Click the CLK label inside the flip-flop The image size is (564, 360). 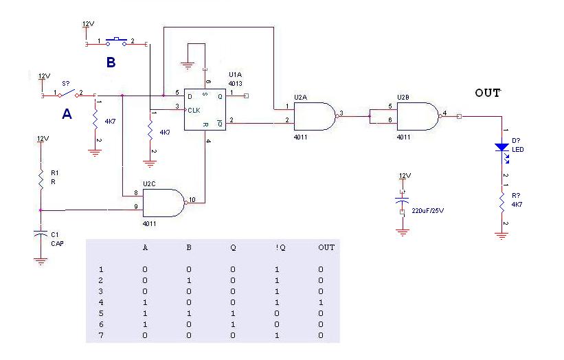click(194, 110)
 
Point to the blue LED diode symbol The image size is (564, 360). click(502, 148)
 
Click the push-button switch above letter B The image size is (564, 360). click(116, 42)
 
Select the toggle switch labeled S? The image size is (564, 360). click(68, 93)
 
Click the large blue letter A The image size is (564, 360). click(67, 114)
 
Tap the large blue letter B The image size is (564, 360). click(111, 63)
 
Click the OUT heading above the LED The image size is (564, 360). click(488, 93)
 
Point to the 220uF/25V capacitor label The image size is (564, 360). click(428, 211)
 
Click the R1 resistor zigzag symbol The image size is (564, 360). click(41, 179)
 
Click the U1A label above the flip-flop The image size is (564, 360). click(235, 74)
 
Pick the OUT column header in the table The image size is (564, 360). click(326, 247)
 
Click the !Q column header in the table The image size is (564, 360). click(280, 248)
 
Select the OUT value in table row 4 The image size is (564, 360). click(321, 302)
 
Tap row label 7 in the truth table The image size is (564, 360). click(101, 335)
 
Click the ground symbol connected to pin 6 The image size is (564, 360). click(188, 65)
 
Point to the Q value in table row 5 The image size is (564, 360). click(233, 313)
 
